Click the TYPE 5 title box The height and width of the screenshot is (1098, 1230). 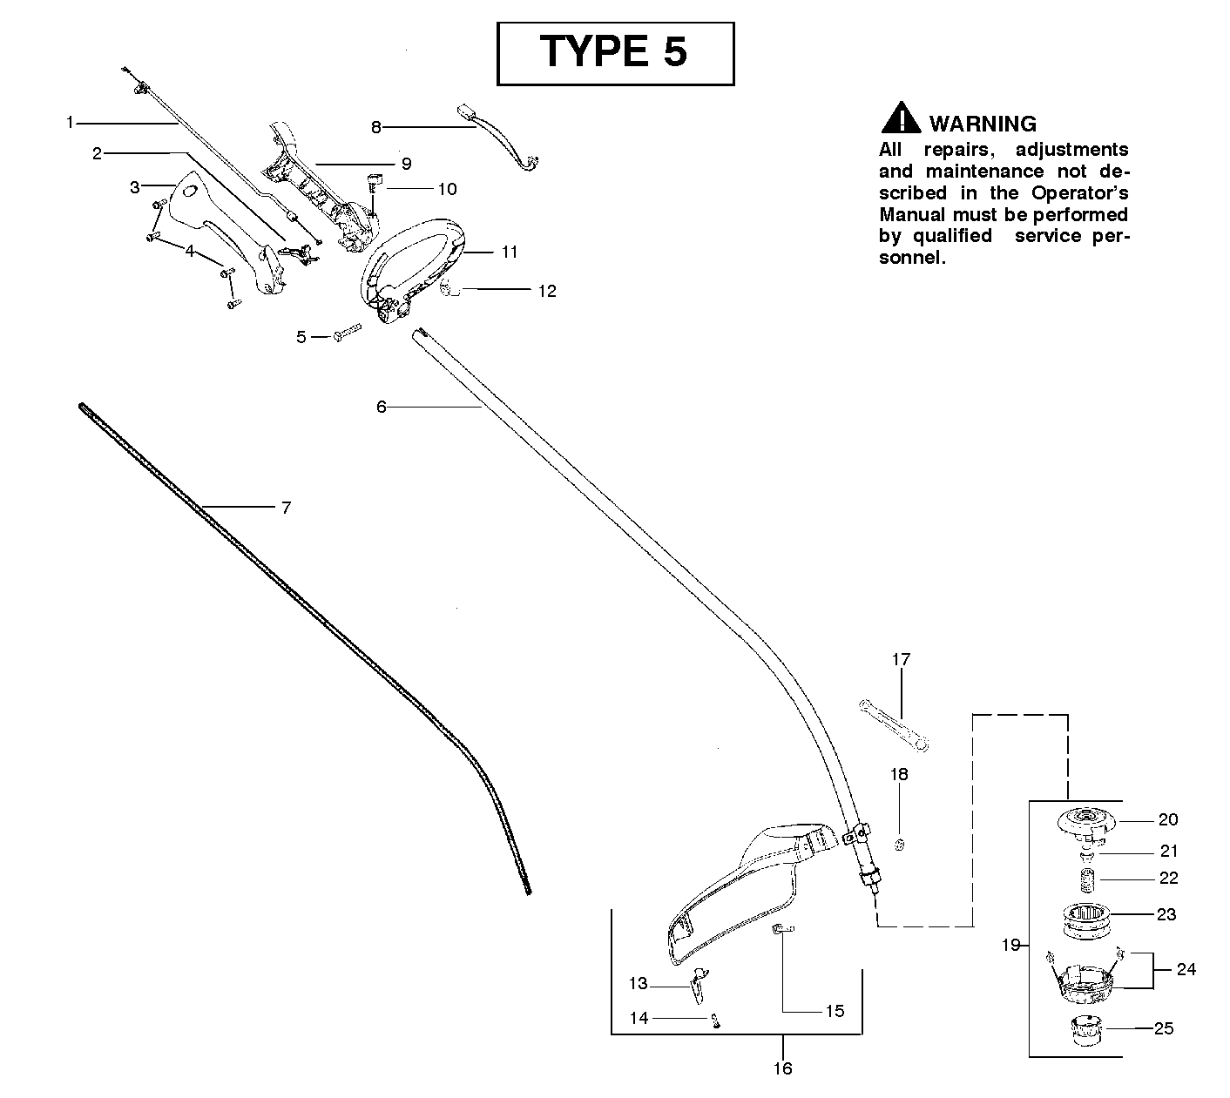[x=615, y=53]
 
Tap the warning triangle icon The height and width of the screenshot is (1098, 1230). [x=901, y=118]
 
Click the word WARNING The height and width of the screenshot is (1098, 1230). [x=983, y=124]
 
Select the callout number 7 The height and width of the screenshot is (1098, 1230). [x=286, y=508]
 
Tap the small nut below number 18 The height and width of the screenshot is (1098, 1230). [x=900, y=844]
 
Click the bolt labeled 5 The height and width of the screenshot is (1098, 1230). [x=348, y=332]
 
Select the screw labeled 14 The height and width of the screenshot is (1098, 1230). [x=716, y=1021]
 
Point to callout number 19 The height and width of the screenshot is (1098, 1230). [x=1010, y=945]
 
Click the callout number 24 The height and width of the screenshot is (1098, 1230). [x=1186, y=969]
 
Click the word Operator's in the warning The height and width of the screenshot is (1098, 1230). [x=1079, y=193]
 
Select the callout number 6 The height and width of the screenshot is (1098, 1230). [x=381, y=407]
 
